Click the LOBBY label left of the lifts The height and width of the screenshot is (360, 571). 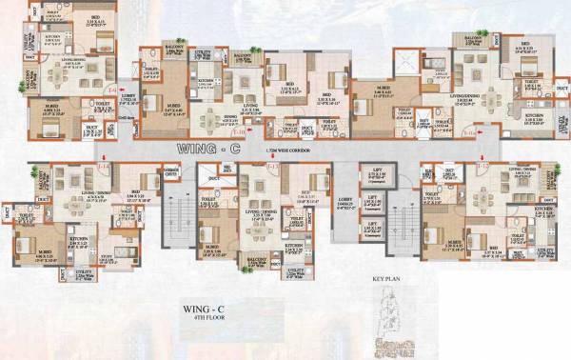[x=345, y=203]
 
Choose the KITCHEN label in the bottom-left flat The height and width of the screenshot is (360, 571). [x=79, y=240]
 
